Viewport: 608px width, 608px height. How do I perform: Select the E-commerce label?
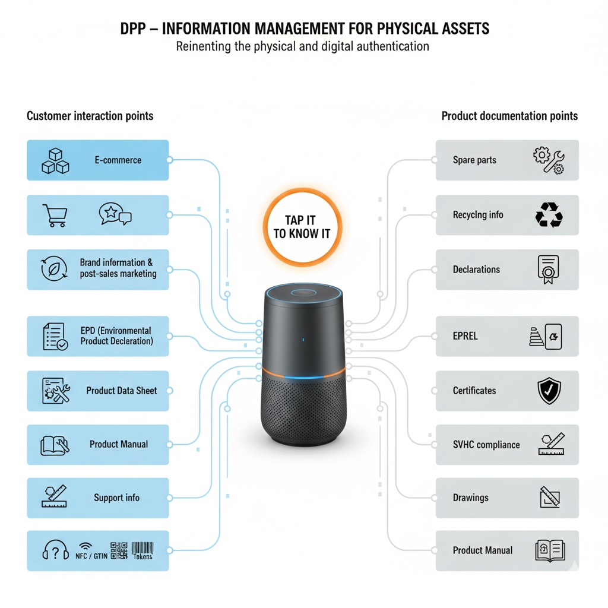click(118, 160)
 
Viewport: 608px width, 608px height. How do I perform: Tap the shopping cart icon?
click(55, 215)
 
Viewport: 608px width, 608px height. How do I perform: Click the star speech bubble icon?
click(115, 214)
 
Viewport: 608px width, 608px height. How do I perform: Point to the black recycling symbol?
click(549, 215)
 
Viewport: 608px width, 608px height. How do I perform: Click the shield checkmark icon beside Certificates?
click(549, 391)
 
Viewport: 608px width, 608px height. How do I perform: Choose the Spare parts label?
click(474, 160)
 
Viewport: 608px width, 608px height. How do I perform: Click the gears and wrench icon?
click(549, 160)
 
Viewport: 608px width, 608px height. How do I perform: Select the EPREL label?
click(465, 336)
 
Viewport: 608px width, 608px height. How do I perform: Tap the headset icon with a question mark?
click(55, 552)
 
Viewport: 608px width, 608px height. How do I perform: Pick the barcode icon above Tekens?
click(142, 548)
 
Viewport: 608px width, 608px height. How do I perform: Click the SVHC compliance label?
click(486, 445)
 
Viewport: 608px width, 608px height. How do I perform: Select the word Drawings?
click(470, 498)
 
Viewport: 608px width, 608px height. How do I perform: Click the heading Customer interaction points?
click(90, 116)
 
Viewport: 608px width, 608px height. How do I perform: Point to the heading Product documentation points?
click(509, 116)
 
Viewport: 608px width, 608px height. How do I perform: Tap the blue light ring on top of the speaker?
click(303, 294)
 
